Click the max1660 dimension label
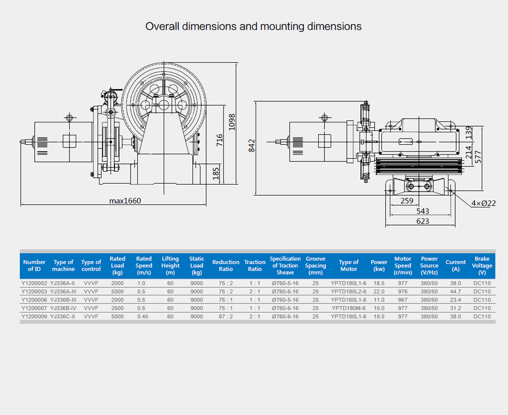(x=125, y=201)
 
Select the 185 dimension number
(x=216, y=173)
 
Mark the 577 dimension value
(x=478, y=156)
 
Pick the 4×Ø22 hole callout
(x=484, y=203)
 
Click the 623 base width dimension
(x=422, y=222)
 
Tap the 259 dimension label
(x=407, y=201)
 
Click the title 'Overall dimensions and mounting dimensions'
(x=253, y=26)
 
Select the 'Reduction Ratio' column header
(x=225, y=266)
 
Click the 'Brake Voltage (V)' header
(x=482, y=266)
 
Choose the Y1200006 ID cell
(x=34, y=300)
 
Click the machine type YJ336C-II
(x=63, y=316)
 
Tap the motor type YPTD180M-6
(x=348, y=308)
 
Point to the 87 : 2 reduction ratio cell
(x=225, y=316)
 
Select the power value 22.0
(x=379, y=292)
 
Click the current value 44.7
(x=456, y=292)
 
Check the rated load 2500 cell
(x=118, y=308)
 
